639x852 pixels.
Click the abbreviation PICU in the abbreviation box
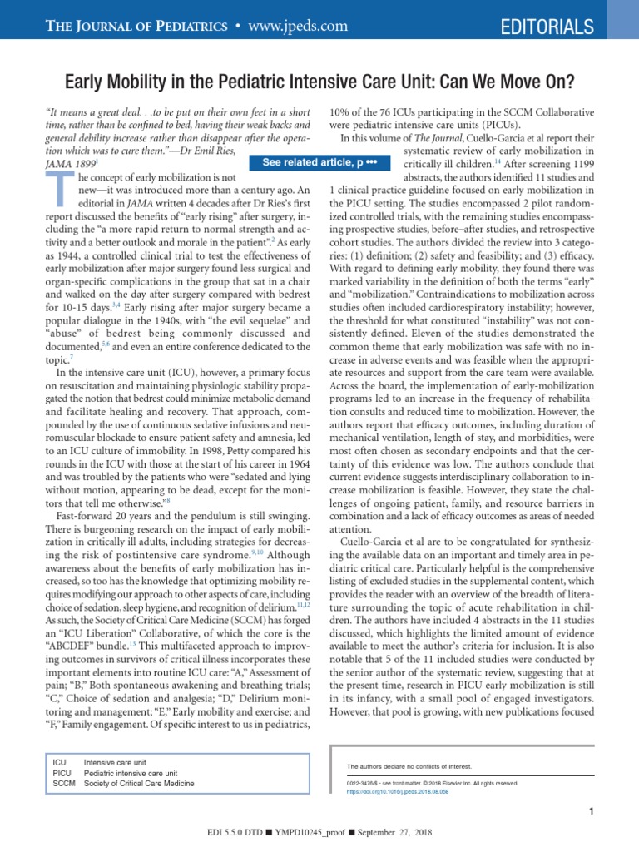tap(61, 771)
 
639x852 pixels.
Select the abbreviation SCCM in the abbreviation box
tap(63, 783)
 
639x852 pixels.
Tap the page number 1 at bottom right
tap(589, 812)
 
